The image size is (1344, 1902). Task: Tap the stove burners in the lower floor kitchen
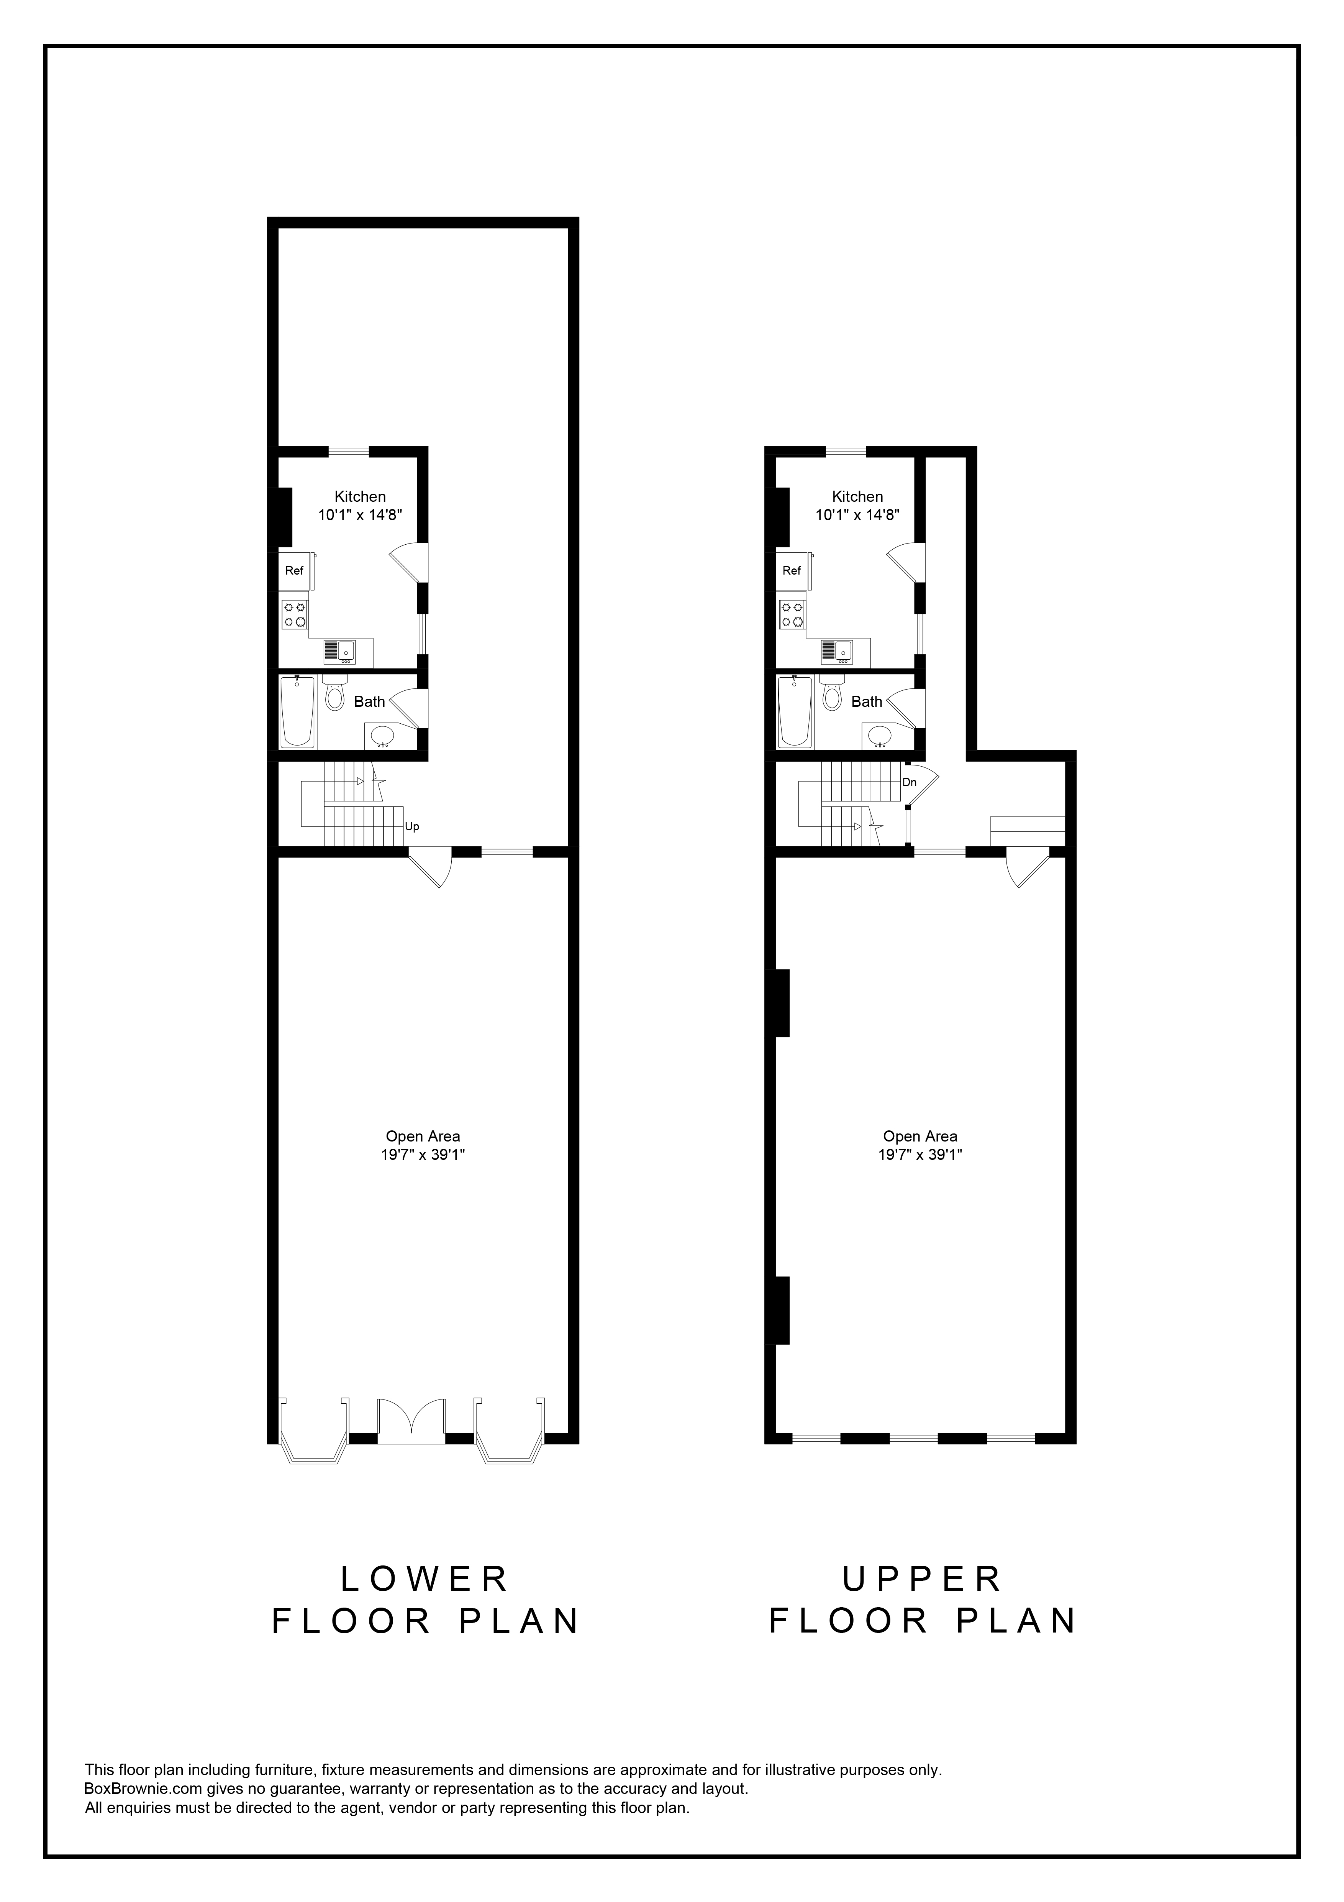pos(294,614)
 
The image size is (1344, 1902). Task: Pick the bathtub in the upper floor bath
pos(795,713)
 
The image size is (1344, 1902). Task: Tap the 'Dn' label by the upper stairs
pos(909,782)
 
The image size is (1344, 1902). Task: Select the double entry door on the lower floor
pos(411,1422)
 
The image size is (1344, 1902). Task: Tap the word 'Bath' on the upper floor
pos(867,701)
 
